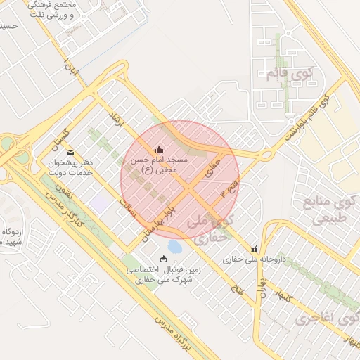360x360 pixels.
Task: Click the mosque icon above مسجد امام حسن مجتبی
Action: pos(159,149)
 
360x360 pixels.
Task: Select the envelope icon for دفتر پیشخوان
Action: pos(70,152)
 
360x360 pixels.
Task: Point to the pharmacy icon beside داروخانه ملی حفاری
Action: pos(254,249)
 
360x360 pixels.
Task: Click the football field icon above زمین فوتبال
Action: pos(164,258)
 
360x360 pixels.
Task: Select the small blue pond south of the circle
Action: pos(174,246)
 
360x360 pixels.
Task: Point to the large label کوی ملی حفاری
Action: pos(210,229)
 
